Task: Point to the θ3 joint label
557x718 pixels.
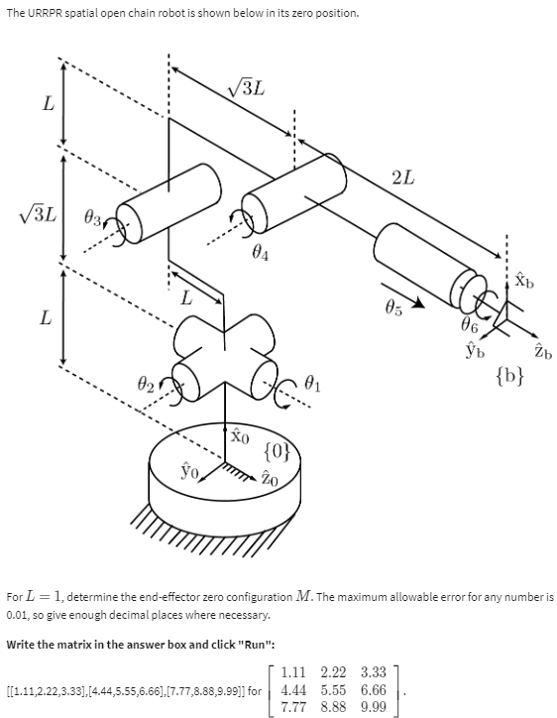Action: tap(93, 215)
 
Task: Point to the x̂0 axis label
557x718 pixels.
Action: tap(238, 437)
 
